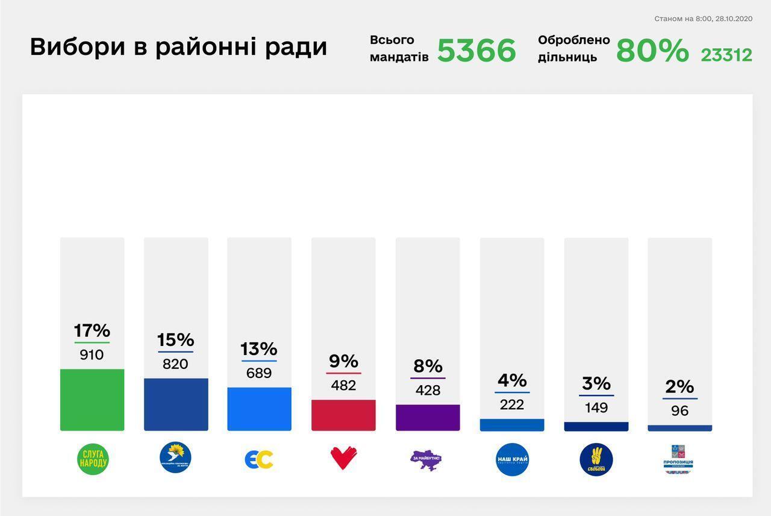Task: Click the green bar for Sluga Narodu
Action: tap(92, 400)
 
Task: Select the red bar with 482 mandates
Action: tap(343, 415)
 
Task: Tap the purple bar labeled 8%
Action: tap(428, 418)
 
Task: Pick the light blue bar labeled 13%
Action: tap(259, 409)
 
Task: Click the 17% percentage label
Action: tap(92, 330)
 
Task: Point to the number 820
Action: tap(175, 364)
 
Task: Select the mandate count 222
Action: tap(512, 404)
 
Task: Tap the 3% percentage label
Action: tap(596, 383)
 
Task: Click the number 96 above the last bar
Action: tap(679, 411)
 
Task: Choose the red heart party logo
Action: tap(343, 458)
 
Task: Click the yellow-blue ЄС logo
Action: tap(259, 459)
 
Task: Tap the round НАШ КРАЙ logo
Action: tap(512, 459)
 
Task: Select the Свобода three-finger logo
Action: tap(596, 459)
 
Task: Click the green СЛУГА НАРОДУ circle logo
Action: tap(93, 459)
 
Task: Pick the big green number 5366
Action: tap(476, 51)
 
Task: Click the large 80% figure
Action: tap(652, 51)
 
